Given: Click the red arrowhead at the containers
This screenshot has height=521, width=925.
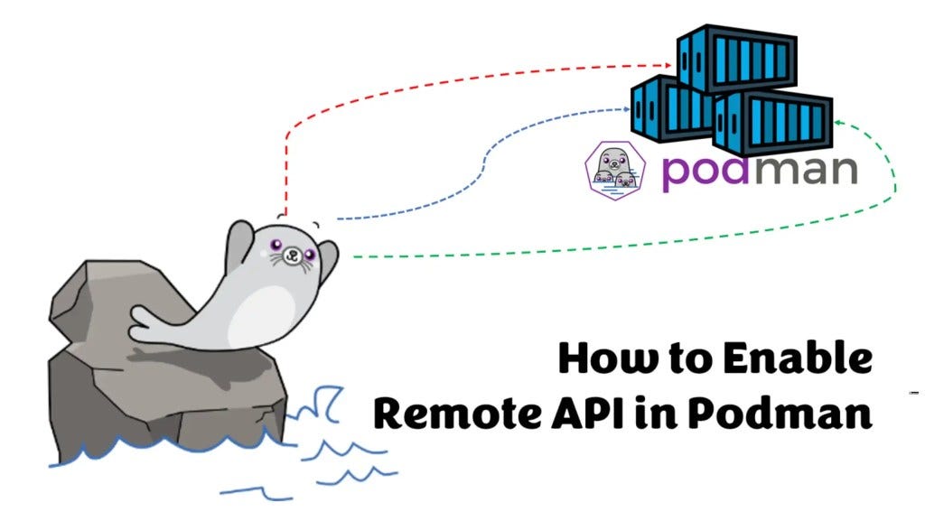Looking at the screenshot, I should coord(669,64).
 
